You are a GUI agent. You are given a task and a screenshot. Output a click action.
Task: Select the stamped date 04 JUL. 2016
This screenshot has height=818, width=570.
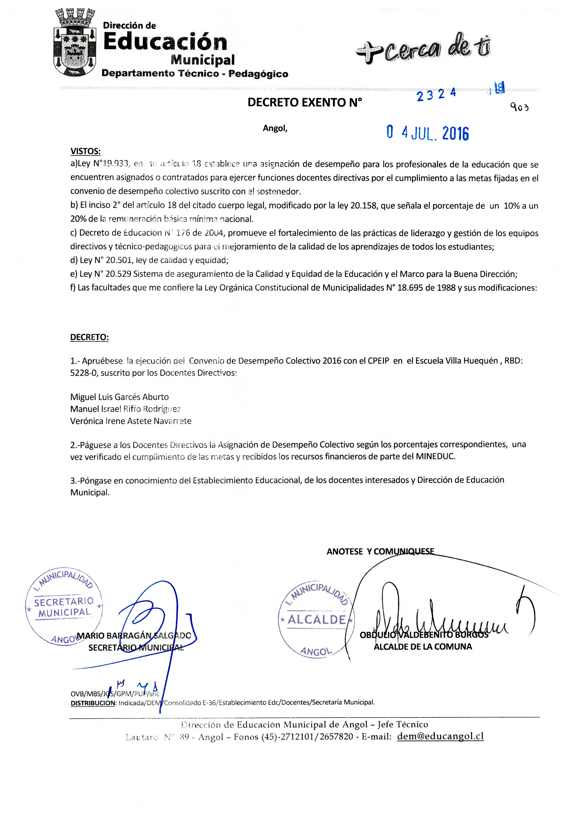point(428,133)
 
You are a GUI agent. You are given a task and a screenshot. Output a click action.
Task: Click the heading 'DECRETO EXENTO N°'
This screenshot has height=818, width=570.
point(305,103)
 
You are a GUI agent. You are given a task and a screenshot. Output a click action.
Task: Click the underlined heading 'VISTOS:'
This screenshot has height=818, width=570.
point(86,151)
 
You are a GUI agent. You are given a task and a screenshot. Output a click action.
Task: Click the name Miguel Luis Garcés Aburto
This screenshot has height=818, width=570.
point(119,397)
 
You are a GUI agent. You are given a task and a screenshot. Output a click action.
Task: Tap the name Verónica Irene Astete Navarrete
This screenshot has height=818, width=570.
point(131,421)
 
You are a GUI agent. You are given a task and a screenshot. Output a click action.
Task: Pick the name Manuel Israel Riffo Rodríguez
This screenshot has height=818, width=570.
point(125,409)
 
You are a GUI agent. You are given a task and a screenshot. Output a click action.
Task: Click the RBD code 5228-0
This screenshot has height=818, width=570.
point(83,373)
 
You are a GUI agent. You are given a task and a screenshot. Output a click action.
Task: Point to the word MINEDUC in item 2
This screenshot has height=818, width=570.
point(435,456)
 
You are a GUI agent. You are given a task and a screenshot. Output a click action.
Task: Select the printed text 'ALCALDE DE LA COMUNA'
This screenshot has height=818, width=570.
point(422,647)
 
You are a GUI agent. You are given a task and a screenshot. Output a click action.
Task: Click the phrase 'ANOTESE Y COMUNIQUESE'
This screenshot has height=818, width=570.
point(380,551)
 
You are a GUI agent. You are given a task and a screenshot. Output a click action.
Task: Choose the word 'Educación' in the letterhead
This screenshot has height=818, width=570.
point(165,42)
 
